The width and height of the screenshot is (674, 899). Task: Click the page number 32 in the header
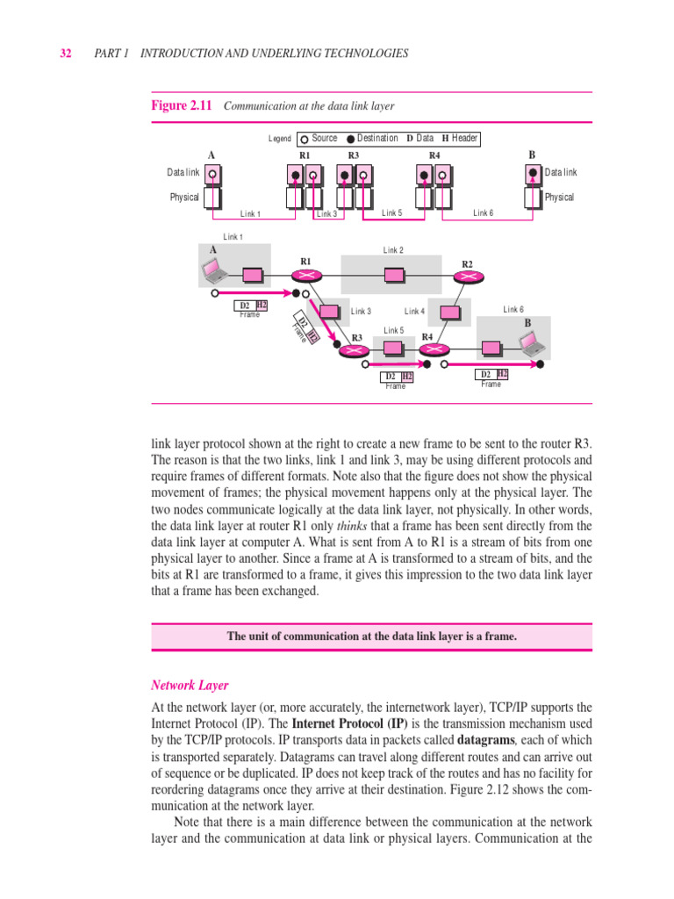click(x=66, y=54)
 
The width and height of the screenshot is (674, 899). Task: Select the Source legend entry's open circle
click(x=304, y=139)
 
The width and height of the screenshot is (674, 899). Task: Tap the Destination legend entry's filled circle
click(x=351, y=139)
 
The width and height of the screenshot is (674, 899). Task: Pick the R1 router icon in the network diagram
click(x=308, y=276)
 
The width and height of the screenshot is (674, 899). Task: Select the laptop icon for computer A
click(x=216, y=273)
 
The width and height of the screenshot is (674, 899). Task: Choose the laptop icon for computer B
click(x=531, y=347)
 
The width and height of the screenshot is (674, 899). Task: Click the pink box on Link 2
click(x=394, y=276)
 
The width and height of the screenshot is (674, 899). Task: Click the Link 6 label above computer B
click(x=513, y=309)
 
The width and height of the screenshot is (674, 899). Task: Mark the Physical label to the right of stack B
click(x=559, y=198)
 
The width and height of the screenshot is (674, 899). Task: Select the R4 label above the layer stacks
click(x=434, y=155)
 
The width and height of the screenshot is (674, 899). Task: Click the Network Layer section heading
click(x=190, y=685)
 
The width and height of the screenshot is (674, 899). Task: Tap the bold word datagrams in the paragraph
click(x=477, y=741)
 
